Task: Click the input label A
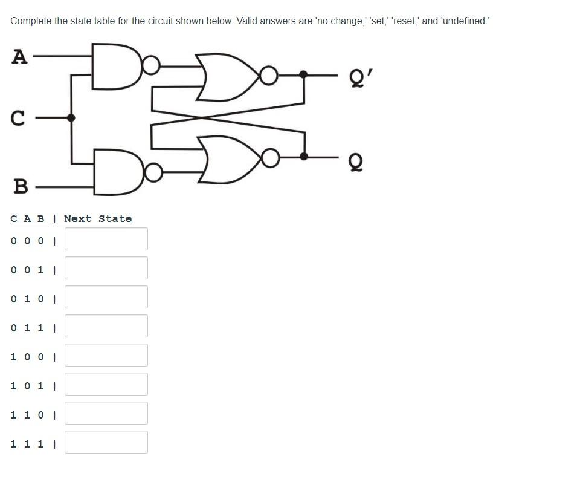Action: point(19,57)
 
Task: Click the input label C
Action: point(18,118)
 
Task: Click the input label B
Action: point(20,186)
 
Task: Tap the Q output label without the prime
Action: point(356,162)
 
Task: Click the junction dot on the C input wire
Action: point(71,118)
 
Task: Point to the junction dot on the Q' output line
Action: point(303,74)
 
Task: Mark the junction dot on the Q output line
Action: point(304,157)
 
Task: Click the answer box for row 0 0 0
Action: point(106,239)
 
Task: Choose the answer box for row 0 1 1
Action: point(106,326)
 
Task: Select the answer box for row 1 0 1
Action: point(106,384)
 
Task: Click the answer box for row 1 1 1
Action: point(106,442)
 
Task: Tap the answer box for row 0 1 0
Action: point(106,297)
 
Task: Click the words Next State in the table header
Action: point(98,219)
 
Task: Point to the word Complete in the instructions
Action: point(31,21)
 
